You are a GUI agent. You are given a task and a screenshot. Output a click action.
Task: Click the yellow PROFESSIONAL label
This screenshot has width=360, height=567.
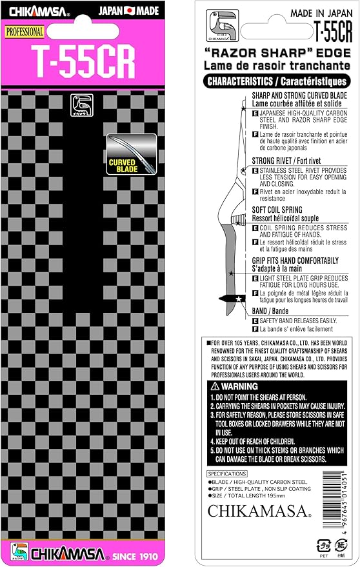[x=25, y=32]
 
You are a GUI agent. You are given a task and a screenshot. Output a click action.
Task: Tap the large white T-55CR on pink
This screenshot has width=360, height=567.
[x=83, y=62]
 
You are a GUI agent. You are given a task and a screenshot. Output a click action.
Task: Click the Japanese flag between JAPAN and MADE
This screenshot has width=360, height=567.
[x=129, y=11]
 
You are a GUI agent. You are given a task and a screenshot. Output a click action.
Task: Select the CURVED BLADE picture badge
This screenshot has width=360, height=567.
[x=132, y=154]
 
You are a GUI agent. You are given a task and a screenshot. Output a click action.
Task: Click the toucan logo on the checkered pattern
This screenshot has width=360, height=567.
[x=82, y=105]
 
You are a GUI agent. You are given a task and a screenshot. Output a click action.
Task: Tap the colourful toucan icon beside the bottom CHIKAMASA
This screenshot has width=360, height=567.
[x=19, y=552]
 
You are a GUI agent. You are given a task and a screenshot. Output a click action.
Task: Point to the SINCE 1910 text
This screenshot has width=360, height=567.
[x=135, y=556]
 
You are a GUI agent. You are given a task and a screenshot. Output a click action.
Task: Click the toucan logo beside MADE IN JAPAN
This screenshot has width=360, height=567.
[x=223, y=25]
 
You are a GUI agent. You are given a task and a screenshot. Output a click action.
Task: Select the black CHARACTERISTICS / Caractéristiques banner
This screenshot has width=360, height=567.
[x=277, y=81]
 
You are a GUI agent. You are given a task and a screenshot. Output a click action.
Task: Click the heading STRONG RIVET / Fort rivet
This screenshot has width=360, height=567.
[x=286, y=161]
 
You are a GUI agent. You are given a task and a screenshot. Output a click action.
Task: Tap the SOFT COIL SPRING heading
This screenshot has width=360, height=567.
[x=277, y=210]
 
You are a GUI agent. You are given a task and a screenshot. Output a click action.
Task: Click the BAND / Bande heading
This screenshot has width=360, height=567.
[x=270, y=311]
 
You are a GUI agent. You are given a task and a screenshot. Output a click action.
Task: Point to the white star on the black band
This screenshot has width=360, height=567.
[x=239, y=299]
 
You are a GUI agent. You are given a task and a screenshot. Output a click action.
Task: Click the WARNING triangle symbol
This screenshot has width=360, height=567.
[x=215, y=386]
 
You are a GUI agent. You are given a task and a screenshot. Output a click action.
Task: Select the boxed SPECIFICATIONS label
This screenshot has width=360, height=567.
[x=227, y=473]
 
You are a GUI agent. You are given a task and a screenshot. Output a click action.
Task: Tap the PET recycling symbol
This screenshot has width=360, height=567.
[x=324, y=545]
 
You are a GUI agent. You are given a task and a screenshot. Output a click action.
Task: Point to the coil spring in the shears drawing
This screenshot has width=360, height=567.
[x=239, y=219]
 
